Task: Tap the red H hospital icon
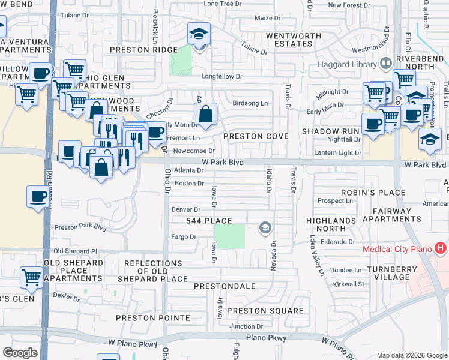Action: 441,248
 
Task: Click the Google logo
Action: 20,352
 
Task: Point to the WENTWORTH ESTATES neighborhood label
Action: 294,40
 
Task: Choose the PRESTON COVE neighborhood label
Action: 256,136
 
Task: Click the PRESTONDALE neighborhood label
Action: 224,286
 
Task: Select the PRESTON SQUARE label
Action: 265,311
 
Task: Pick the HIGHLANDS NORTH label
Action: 331,224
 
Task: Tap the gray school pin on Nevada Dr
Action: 264,227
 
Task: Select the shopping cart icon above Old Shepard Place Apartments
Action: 31,277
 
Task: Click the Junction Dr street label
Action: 246,326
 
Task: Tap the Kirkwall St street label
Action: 349,284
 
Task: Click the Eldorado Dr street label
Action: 338,242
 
